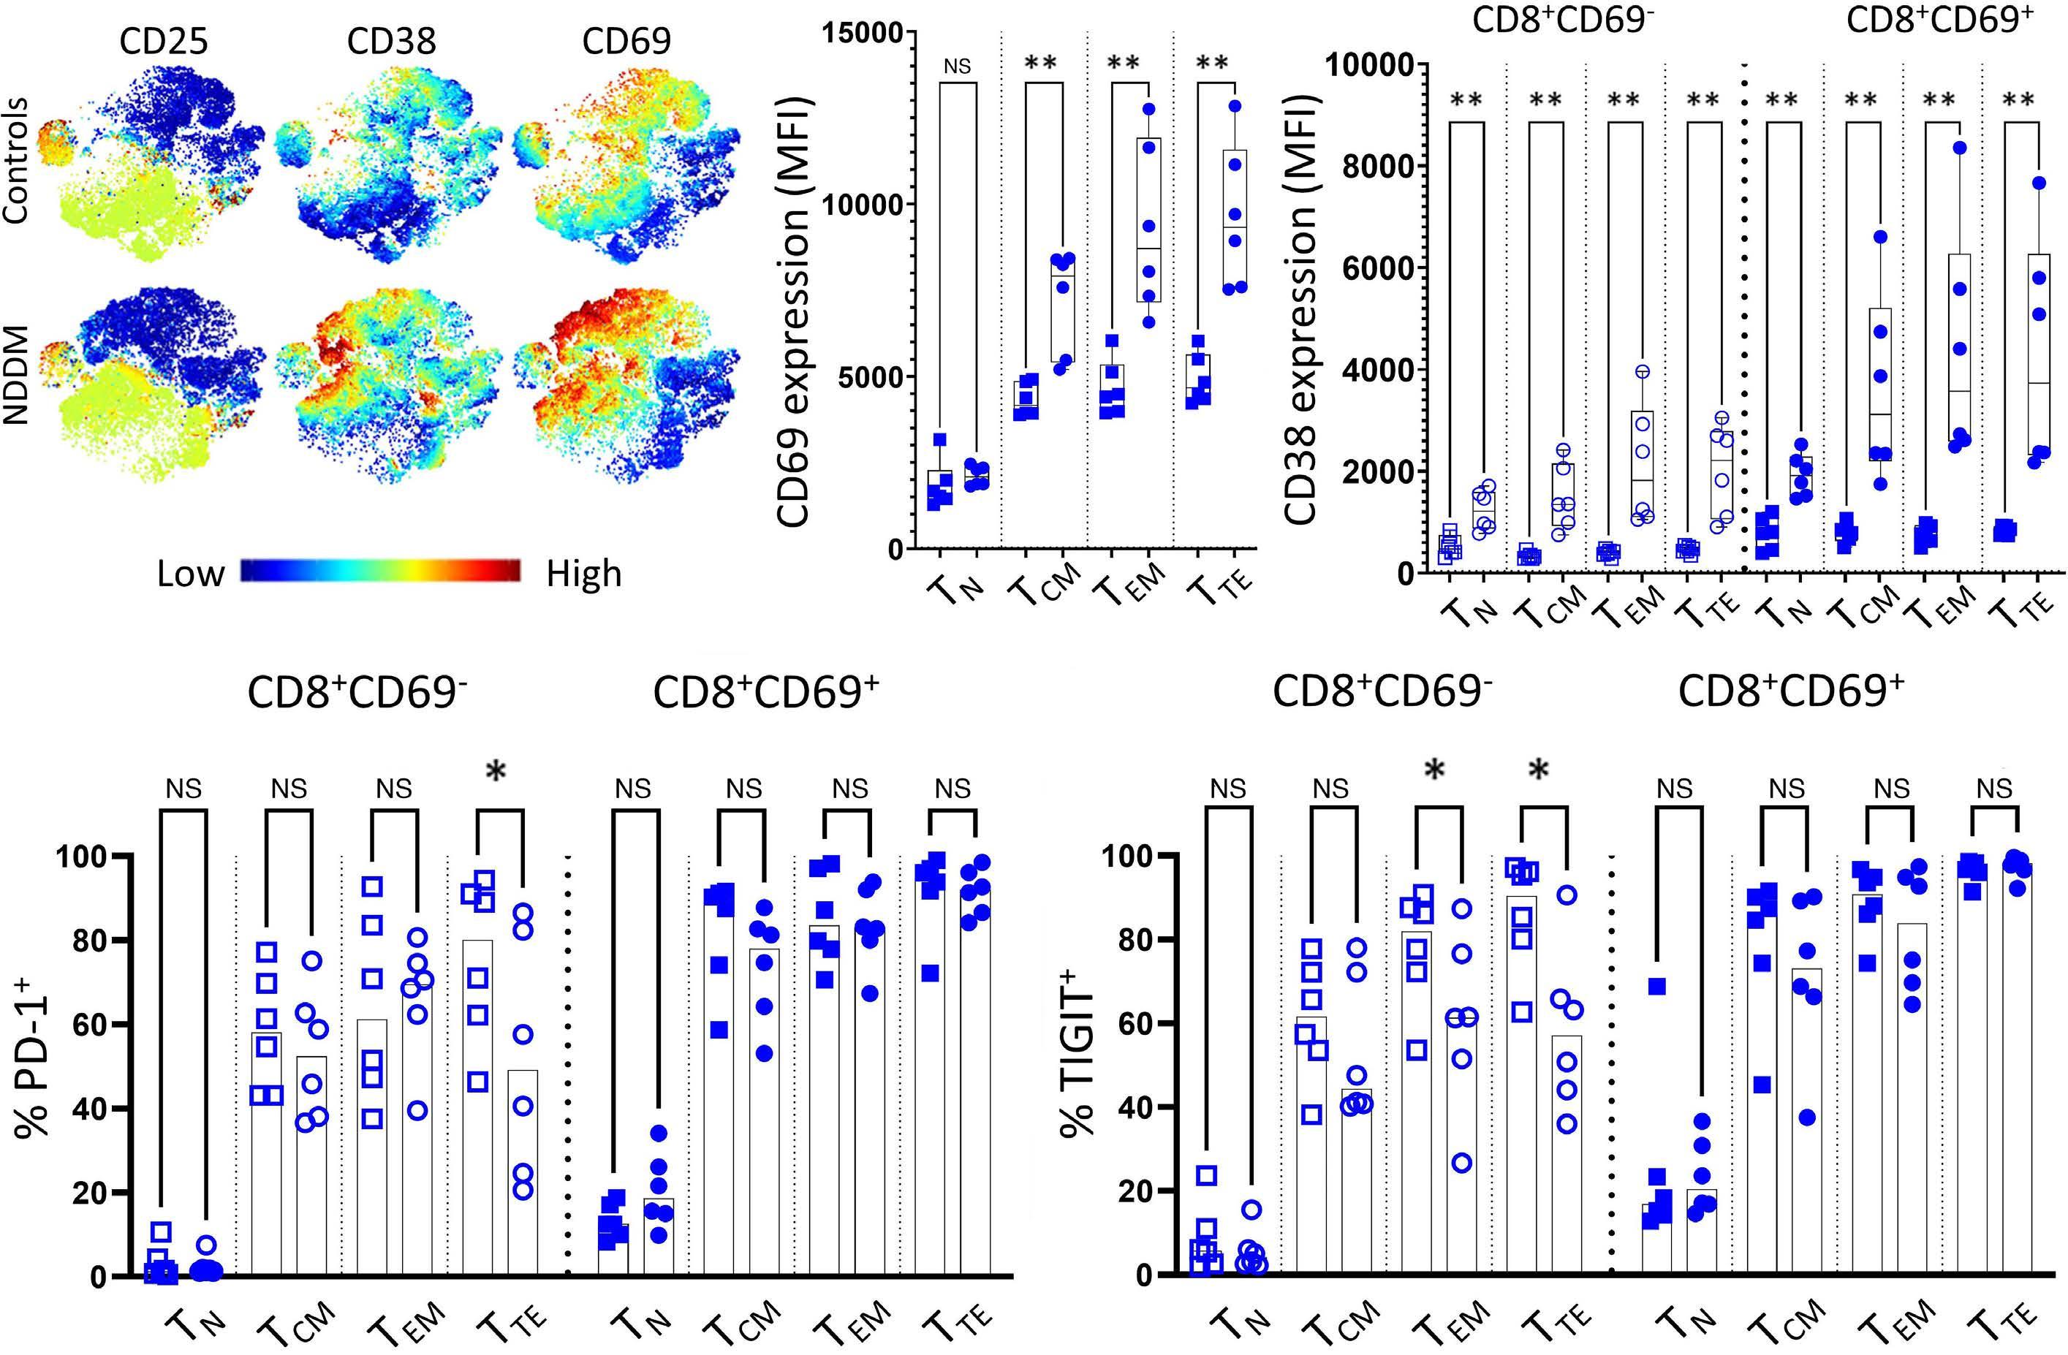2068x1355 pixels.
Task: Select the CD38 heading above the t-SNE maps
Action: tap(391, 42)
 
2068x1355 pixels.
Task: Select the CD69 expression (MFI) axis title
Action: tap(793, 313)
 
